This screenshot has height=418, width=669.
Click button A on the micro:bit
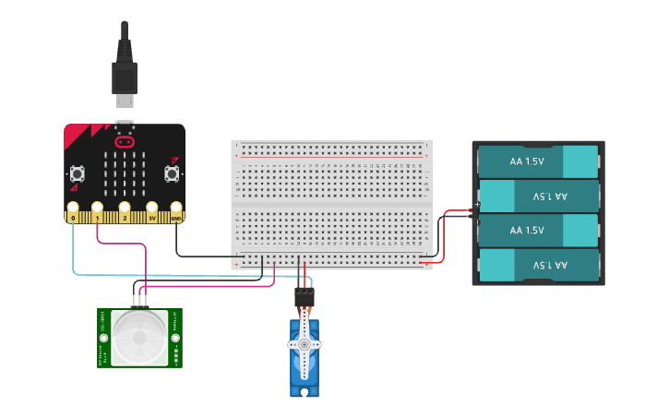point(78,173)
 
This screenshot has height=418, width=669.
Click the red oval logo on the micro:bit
point(125,142)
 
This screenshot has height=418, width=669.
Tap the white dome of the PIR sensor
point(139,338)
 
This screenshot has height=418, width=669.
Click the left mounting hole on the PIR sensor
point(103,338)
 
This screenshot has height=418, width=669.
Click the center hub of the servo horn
point(305,345)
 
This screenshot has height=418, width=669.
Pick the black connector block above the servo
point(304,297)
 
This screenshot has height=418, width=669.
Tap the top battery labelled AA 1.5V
point(538,161)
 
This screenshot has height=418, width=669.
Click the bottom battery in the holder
point(538,265)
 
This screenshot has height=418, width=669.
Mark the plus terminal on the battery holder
point(477,205)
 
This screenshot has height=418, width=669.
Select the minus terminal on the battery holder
point(477,222)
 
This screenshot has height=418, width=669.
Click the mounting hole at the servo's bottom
point(305,392)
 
